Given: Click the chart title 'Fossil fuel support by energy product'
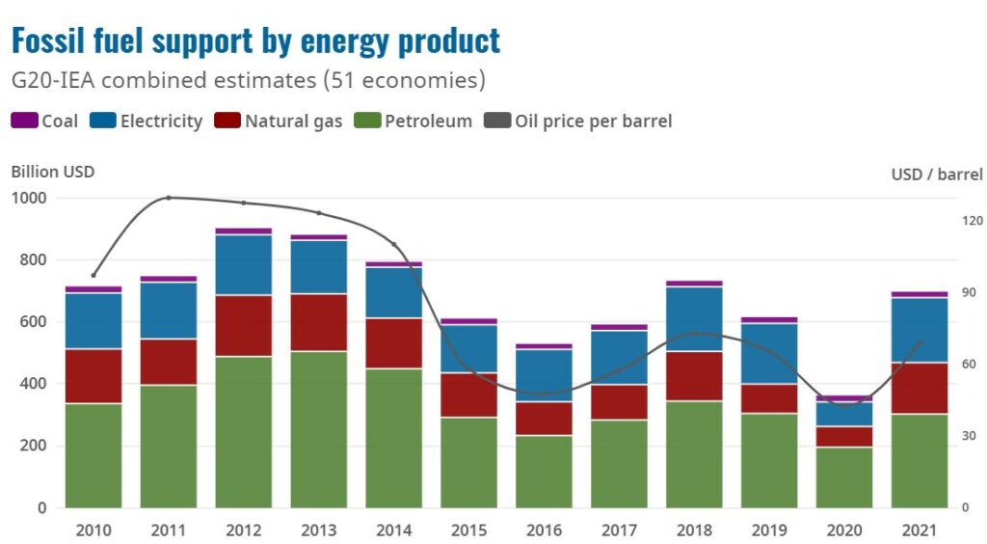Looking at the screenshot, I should click(255, 41).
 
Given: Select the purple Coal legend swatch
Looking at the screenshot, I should click(23, 121).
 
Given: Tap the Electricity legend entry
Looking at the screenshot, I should click(147, 121).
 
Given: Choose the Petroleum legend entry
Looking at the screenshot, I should click(415, 121).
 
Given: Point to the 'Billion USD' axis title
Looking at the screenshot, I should click(53, 172).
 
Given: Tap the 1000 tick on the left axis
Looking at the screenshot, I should click(29, 198).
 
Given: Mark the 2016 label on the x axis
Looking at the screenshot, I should click(545, 530).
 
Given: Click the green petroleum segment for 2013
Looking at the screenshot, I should click(319, 429).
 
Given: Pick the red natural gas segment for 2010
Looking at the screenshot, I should click(93, 376).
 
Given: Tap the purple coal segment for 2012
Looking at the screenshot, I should click(244, 231).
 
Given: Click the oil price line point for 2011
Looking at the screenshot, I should click(169, 198).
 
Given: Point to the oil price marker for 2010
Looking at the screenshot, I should click(93, 275).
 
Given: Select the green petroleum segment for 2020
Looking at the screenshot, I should click(844, 477).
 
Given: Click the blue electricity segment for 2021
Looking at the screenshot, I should click(920, 330).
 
